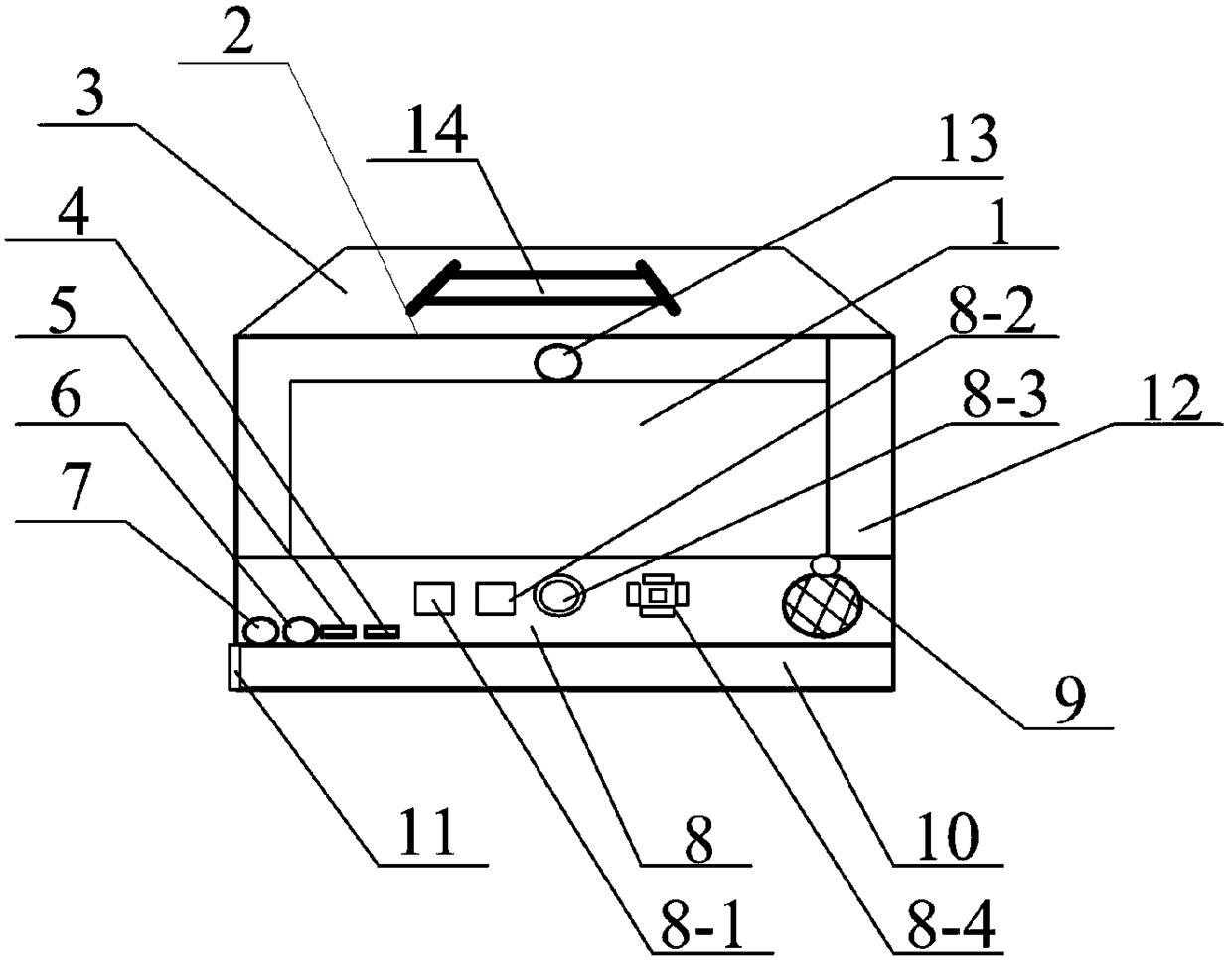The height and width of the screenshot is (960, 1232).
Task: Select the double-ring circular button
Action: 560,596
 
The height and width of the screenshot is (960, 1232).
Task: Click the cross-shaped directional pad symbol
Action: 657,595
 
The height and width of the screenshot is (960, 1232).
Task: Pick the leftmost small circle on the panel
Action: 261,630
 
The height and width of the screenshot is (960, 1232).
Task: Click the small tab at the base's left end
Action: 234,665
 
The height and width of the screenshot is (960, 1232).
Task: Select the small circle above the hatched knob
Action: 826,565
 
